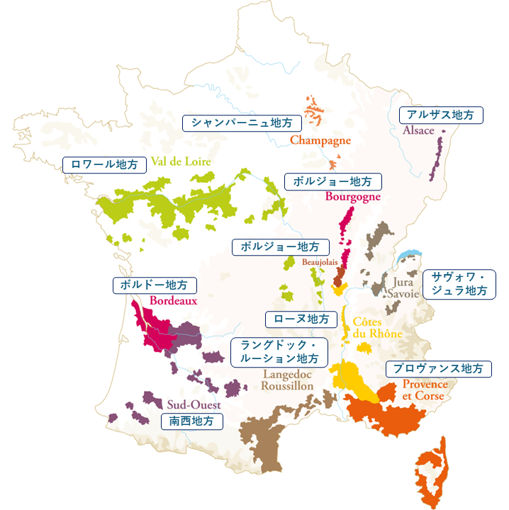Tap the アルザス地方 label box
click(x=441, y=115)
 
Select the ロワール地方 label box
click(x=105, y=164)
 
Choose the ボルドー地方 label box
click(x=155, y=285)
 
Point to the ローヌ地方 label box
click(x=301, y=319)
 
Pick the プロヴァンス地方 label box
click(x=438, y=369)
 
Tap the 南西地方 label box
click(x=192, y=421)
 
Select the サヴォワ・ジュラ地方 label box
click(x=459, y=283)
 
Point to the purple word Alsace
click(x=418, y=131)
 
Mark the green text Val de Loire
click(x=181, y=161)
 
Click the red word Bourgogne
click(x=353, y=196)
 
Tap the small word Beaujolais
click(x=320, y=262)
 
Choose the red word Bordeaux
click(x=173, y=300)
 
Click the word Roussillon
click(x=286, y=387)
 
